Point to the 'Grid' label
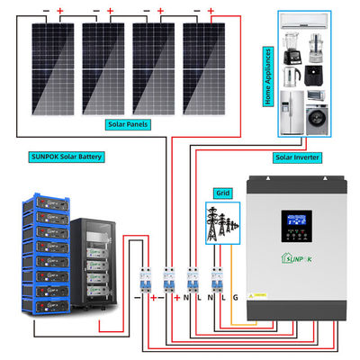coord(221,192)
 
